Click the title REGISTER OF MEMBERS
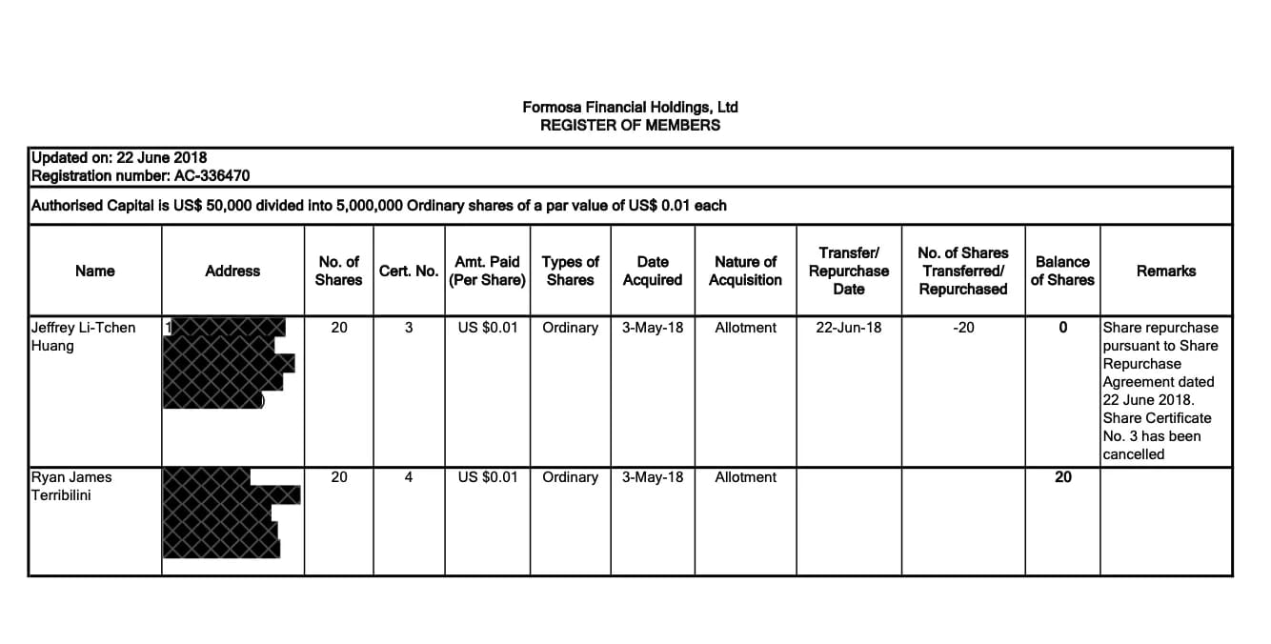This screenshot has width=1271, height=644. [x=630, y=125]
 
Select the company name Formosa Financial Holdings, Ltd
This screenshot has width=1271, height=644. [x=630, y=107]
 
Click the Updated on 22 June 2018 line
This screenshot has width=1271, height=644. [x=119, y=157]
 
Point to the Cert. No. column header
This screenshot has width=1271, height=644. [x=408, y=271]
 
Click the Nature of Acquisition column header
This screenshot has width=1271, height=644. [x=745, y=271]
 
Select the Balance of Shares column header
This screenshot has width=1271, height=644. [x=1062, y=271]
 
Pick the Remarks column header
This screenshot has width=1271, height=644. [x=1165, y=271]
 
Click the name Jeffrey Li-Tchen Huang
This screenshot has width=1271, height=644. [x=83, y=336]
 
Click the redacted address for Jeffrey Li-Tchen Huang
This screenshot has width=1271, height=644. [x=227, y=363]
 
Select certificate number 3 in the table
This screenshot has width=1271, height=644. [x=408, y=328]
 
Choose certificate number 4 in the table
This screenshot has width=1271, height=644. [x=408, y=477]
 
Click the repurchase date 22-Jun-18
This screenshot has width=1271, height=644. [x=849, y=328]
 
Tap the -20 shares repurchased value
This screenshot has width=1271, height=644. [x=963, y=328]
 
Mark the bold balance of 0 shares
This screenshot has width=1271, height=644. [x=1062, y=328]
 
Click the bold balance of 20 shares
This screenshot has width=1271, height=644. [x=1062, y=477]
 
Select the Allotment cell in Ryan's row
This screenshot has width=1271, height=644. [x=745, y=477]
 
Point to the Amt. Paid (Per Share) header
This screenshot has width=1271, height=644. [x=488, y=271]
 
